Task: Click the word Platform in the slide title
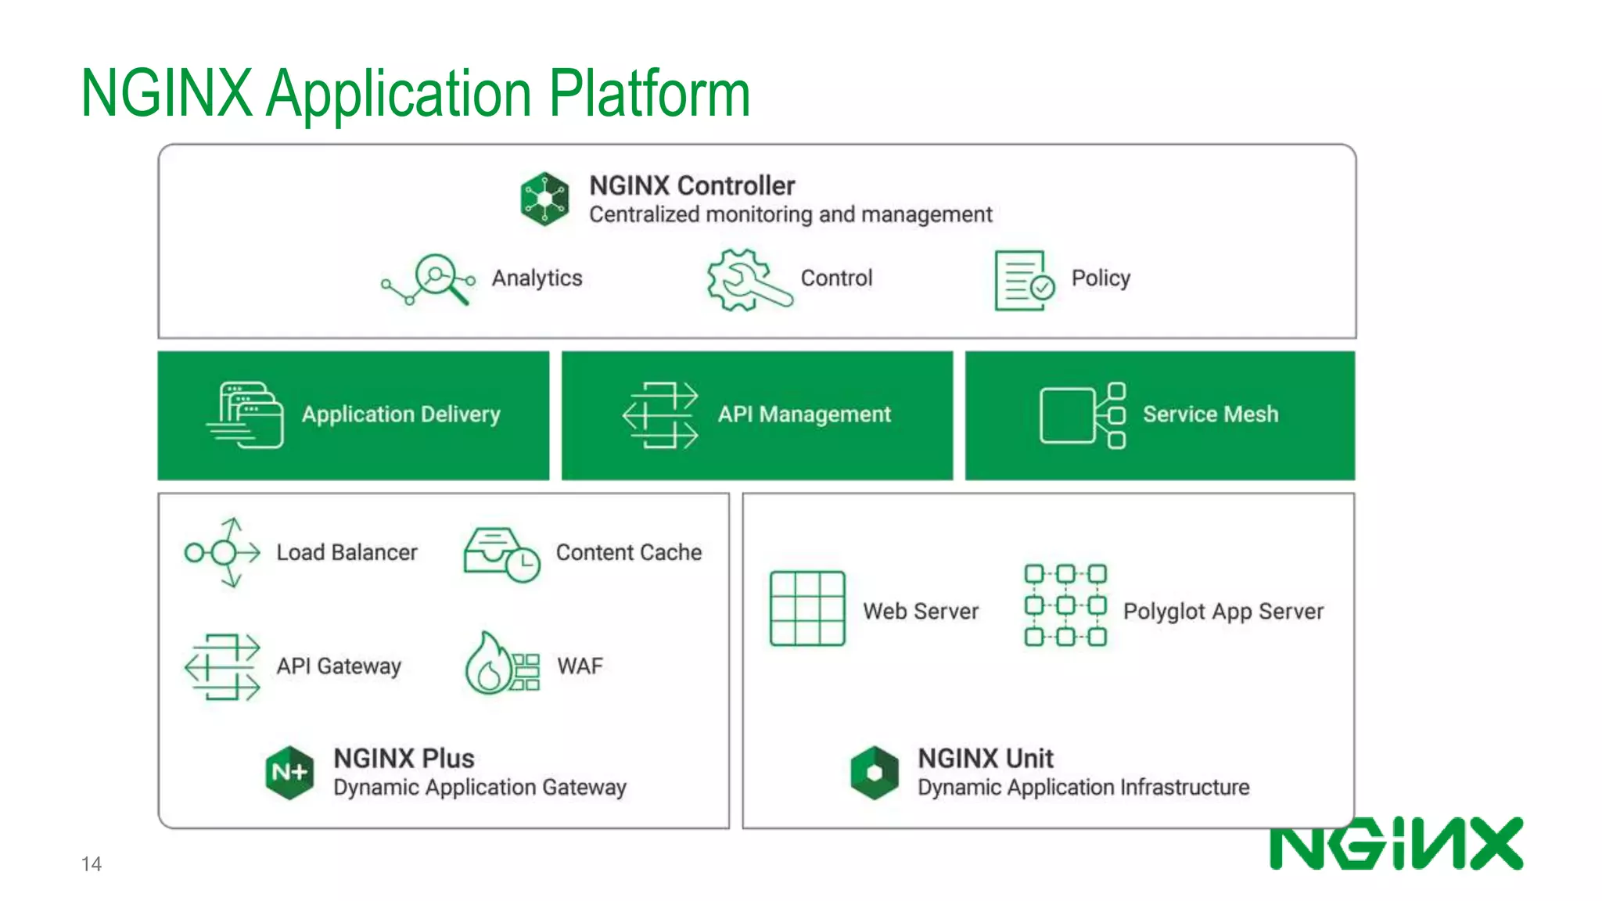click(648, 94)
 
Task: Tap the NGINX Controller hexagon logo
click(544, 199)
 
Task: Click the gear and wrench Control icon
click(745, 280)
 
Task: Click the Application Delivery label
click(400, 414)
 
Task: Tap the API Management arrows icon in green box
click(660, 415)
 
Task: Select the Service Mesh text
click(1210, 414)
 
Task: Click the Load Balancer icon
click(223, 553)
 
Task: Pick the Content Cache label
click(628, 552)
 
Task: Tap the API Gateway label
click(338, 666)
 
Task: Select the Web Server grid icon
click(806, 608)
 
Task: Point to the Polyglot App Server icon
click(1065, 605)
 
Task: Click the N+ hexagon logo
click(289, 773)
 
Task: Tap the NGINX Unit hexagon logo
click(874, 773)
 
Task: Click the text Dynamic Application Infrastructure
click(1083, 787)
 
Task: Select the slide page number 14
click(91, 863)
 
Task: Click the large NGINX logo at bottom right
click(1395, 844)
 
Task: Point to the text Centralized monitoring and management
click(790, 214)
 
